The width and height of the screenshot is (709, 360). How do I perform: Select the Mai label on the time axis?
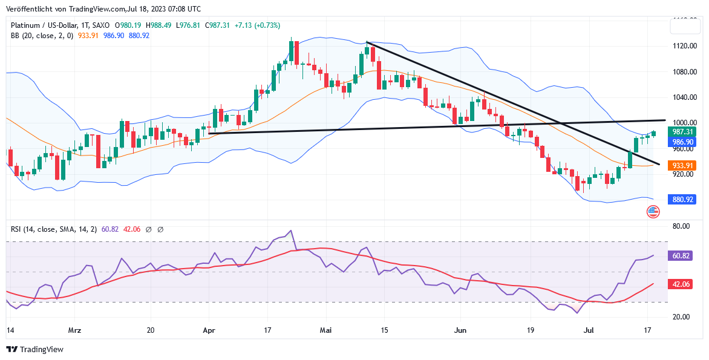point(326,330)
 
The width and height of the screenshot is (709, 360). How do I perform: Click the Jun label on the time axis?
point(460,330)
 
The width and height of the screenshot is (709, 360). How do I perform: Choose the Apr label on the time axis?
point(209,330)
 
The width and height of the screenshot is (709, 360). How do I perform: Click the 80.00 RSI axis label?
point(681,226)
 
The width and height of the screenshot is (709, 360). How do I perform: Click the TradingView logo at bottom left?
point(34,349)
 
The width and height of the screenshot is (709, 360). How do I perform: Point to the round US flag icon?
point(653,212)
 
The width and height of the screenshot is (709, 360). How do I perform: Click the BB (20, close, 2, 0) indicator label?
point(42,36)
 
